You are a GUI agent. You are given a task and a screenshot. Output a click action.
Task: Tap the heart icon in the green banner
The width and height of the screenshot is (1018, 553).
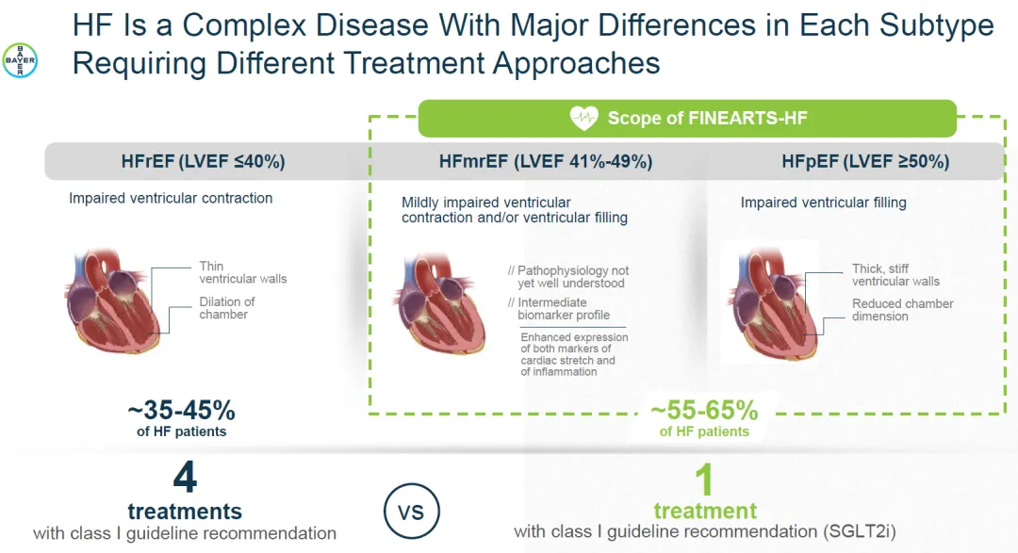[x=584, y=118]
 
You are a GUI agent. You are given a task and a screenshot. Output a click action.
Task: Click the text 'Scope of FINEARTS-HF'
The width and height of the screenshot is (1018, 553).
[x=707, y=118]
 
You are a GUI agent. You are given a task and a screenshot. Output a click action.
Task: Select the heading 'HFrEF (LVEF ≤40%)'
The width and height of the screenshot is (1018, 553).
[x=203, y=161]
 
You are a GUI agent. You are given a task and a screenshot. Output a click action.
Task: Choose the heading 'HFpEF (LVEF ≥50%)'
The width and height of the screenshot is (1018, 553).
[x=865, y=161]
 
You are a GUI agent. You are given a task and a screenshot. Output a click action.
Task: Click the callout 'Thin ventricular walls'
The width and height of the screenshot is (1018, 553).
[x=242, y=272]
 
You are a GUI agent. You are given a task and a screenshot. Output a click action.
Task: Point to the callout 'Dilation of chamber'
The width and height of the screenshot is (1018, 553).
[x=226, y=308]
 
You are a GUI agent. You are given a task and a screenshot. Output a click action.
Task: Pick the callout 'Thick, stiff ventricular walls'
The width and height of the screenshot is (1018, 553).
[x=895, y=275]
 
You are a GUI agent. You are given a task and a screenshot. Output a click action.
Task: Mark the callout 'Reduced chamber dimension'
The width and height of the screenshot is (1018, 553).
[x=902, y=310]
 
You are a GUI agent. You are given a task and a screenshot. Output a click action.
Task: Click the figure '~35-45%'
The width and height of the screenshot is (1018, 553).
[x=181, y=412]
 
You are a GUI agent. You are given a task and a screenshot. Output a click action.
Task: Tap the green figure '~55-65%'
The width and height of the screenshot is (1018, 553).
[x=704, y=411]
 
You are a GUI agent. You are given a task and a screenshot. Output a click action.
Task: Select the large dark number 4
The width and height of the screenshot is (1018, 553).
[x=185, y=478]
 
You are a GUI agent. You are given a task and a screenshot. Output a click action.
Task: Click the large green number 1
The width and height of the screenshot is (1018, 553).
[x=704, y=480]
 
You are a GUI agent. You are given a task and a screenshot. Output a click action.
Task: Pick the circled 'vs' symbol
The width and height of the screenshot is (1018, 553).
[x=411, y=512]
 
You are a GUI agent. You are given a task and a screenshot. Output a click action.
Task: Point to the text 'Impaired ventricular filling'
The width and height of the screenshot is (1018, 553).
[x=823, y=203]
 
